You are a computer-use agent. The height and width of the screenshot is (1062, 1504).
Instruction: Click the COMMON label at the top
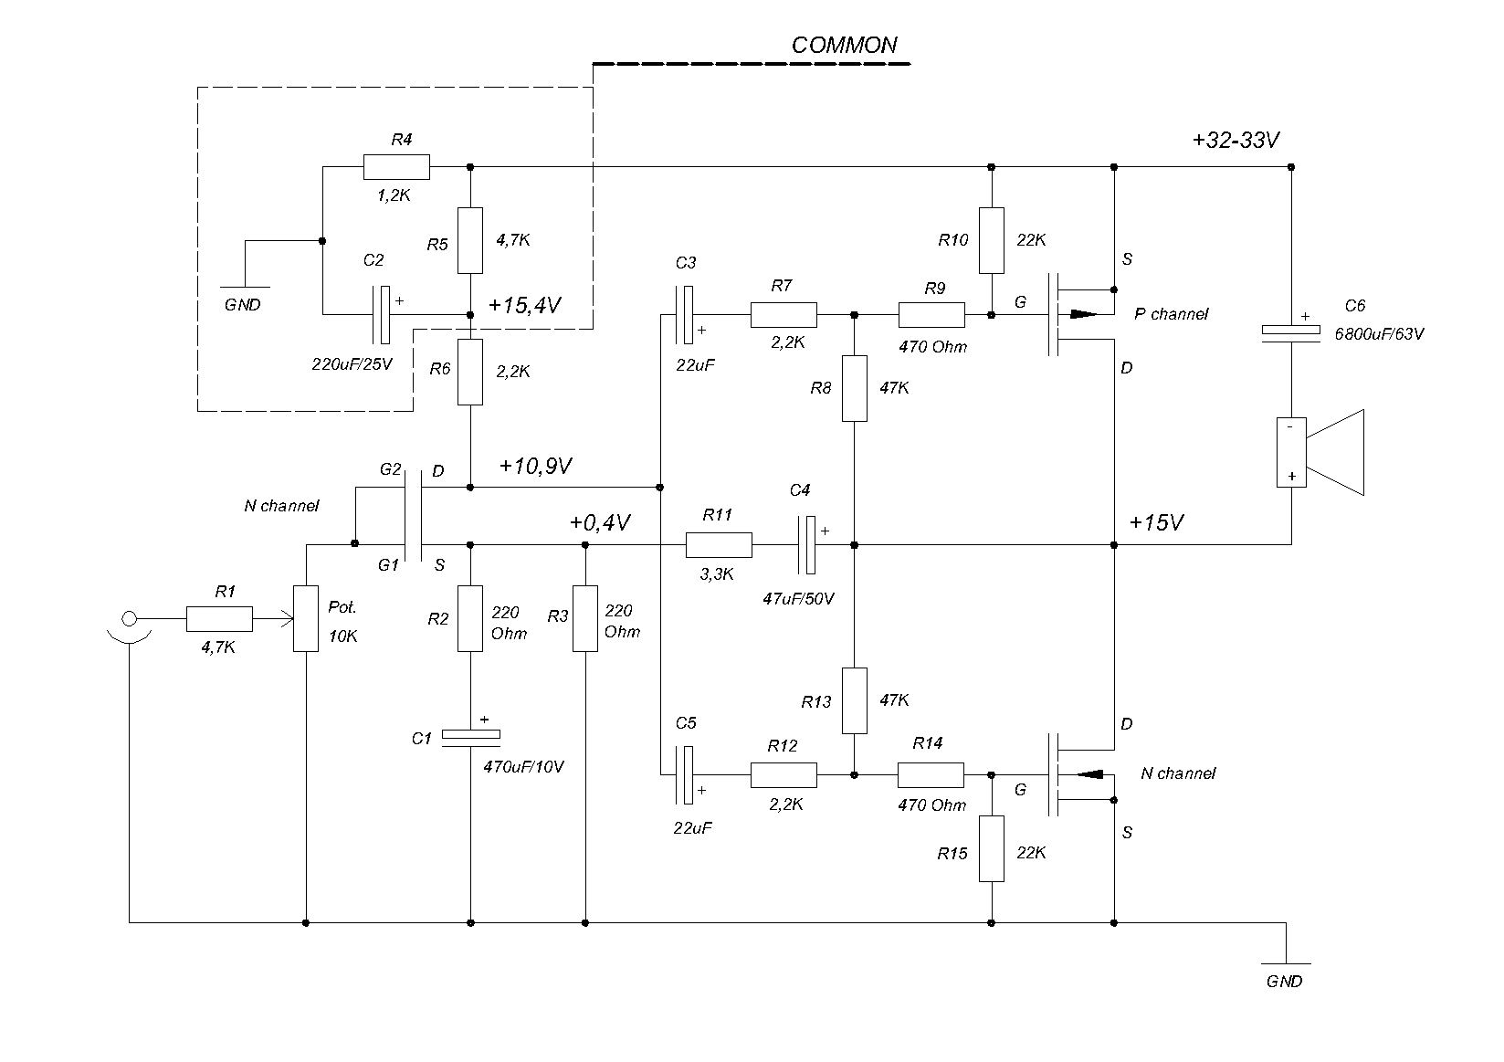pyautogui.click(x=844, y=45)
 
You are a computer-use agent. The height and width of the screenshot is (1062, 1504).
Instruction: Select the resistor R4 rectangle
pyautogui.click(x=396, y=166)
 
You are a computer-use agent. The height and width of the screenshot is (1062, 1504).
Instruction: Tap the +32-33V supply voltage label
pyautogui.click(x=1236, y=140)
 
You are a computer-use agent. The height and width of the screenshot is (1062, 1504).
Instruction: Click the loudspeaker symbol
pyautogui.click(x=1320, y=452)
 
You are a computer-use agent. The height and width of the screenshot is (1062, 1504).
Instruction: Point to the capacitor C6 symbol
pyautogui.click(x=1290, y=333)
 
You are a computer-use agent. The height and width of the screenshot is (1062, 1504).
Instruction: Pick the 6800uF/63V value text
pyautogui.click(x=1379, y=333)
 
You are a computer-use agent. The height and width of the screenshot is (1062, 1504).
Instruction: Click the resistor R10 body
pyautogui.click(x=991, y=240)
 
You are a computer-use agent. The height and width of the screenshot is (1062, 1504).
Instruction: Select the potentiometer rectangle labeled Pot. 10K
pyautogui.click(x=306, y=618)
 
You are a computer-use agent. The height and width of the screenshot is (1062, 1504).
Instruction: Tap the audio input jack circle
pyautogui.click(x=130, y=618)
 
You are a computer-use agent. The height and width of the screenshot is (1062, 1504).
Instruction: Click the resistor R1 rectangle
pyautogui.click(x=219, y=619)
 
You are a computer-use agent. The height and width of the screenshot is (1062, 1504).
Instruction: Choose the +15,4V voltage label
pyautogui.click(x=524, y=305)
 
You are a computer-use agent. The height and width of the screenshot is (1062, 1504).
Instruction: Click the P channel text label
pyautogui.click(x=1171, y=314)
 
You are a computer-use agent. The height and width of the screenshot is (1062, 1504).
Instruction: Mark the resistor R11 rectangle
pyautogui.click(x=719, y=545)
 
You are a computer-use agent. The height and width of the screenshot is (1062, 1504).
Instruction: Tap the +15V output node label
pyautogui.click(x=1156, y=522)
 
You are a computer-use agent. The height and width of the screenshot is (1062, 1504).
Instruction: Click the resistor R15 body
pyautogui.click(x=991, y=848)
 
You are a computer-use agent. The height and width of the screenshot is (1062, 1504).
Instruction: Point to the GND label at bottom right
pyautogui.click(x=1284, y=982)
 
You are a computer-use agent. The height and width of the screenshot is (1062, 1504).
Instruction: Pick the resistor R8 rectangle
pyautogui.click(x=854, y=389)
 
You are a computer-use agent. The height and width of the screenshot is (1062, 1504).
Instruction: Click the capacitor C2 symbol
pyautogui.click(x=381, y=315)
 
